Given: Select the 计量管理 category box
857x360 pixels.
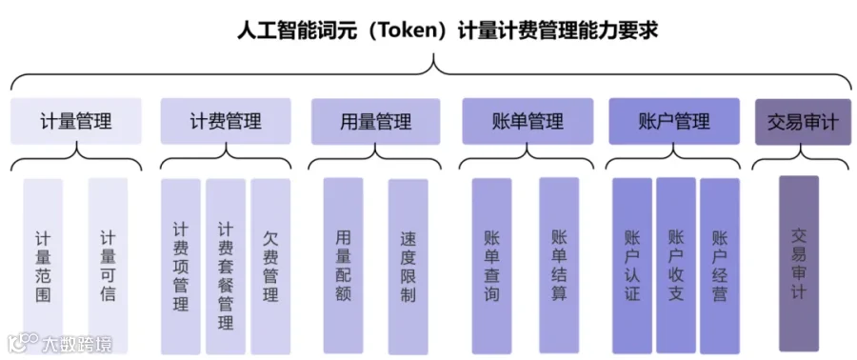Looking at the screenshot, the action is coord(76,121).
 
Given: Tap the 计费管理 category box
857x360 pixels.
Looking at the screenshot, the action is coord(225,121).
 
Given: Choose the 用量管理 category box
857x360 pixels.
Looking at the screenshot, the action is coord(375,121).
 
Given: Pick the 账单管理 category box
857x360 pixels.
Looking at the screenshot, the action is coord(528,121).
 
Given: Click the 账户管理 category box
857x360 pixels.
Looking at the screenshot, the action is coord(674,121).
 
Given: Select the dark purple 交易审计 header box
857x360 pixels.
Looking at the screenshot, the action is coord(803,122).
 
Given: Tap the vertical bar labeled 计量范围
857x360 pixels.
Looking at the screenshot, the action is coord(43,266).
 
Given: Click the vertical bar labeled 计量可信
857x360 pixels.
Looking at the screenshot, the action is coord(108,266).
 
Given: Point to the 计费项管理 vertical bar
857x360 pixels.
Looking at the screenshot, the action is coord(181,266).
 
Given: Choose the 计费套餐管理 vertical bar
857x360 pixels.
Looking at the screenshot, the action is coord(226,266).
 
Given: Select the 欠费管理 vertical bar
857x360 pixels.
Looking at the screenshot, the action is coord(270,266).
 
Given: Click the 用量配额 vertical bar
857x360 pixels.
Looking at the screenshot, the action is coord(343,266).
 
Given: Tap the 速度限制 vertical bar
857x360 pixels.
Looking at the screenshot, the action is coord(409,266).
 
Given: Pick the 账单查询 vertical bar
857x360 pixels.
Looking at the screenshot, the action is coord(492,266).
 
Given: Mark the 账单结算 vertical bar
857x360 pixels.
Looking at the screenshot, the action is coord(559,266).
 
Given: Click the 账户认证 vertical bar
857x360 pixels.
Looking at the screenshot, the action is coord(632,266).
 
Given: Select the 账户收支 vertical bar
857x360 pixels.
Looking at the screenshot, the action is coord(676,266).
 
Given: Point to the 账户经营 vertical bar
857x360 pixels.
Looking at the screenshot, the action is coord(720,266).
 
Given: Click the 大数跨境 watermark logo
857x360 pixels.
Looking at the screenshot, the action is coord(60,343).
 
